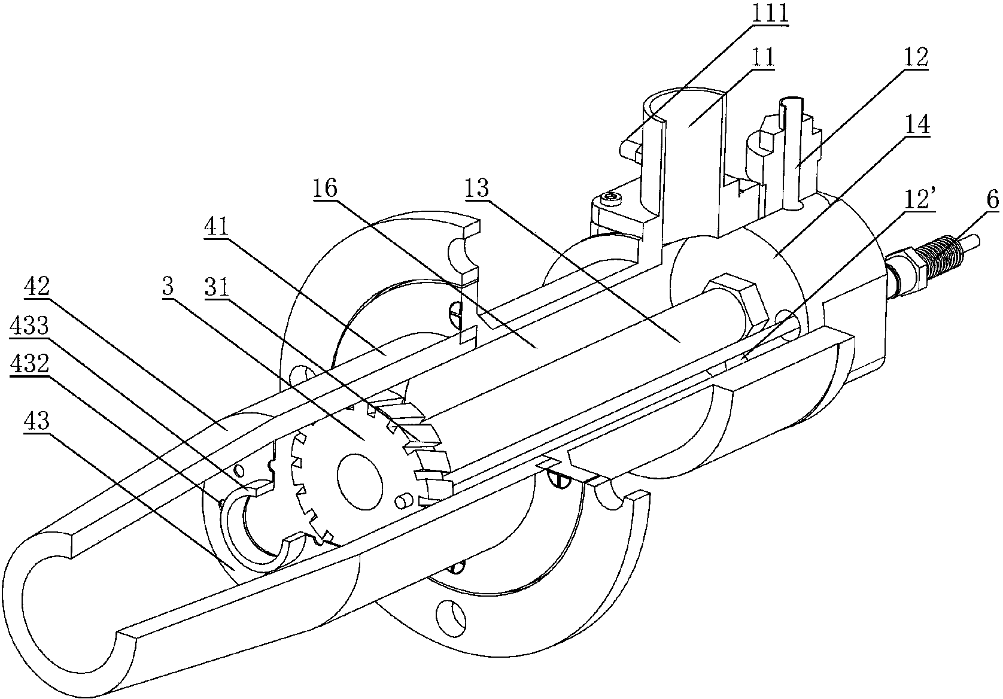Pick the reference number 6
tap(992, 200)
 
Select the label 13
tap(476, 188)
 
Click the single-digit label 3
tap(167, 287)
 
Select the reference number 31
tap(217, 287)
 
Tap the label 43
tap(38, 423)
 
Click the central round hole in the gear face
tap(360, 482)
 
